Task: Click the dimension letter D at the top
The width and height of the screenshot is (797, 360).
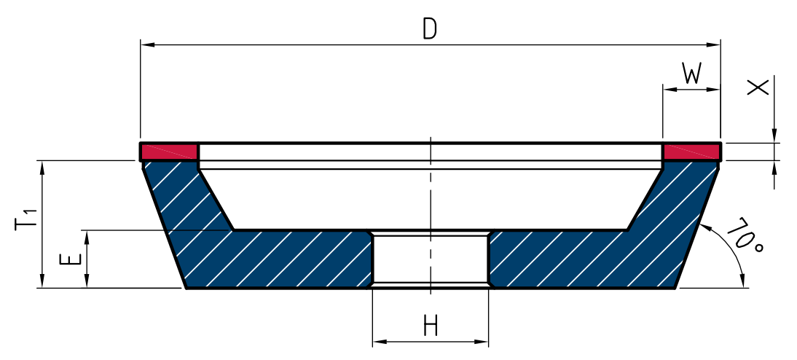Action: [430, 29]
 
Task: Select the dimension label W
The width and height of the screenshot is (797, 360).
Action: [691, 74]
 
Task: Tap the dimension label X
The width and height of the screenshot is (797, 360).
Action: [758, 88]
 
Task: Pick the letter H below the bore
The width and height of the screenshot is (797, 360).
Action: [431, 326]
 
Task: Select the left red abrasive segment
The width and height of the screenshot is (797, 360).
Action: [169, 151]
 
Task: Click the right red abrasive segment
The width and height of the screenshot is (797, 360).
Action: [691, 151]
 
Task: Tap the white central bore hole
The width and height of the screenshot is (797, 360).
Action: [431, 259]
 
